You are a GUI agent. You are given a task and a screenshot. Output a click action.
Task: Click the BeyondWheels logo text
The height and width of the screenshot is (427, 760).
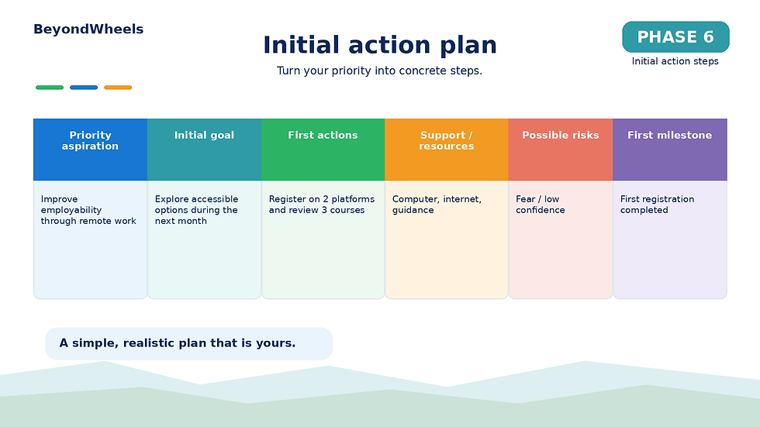click(x=88, y=29)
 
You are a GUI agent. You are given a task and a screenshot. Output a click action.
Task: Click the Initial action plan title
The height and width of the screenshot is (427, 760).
click(x=380, y=45)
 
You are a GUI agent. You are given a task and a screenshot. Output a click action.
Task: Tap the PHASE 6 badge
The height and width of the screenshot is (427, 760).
click(x=675, y=36)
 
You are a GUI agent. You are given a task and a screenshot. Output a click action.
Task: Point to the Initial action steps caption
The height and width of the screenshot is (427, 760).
click(x=675, y=61)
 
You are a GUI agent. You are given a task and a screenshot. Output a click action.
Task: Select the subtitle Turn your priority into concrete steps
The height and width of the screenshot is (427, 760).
click(x=379, y=71)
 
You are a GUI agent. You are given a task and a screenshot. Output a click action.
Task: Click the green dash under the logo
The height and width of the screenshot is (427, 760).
click(x=50, y=88)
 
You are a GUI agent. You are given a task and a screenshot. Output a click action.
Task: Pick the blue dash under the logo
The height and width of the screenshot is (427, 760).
click(x=84, y=88)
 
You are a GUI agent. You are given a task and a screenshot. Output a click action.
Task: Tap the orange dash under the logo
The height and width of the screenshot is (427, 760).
click(x=118, y=88)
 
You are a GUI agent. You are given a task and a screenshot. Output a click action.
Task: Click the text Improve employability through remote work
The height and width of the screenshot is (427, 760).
click(x=88, y=210)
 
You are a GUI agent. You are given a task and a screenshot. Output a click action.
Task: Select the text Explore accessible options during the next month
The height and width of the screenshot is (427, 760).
click(x=196, y=210)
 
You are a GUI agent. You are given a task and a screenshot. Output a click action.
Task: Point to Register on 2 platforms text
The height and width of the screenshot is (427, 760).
click(x=322, y=199)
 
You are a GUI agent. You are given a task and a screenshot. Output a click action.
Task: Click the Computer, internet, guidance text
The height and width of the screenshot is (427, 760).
click(x=437, y=205)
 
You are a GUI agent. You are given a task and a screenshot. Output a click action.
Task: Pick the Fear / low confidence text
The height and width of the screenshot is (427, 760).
click(x=540, y=205)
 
